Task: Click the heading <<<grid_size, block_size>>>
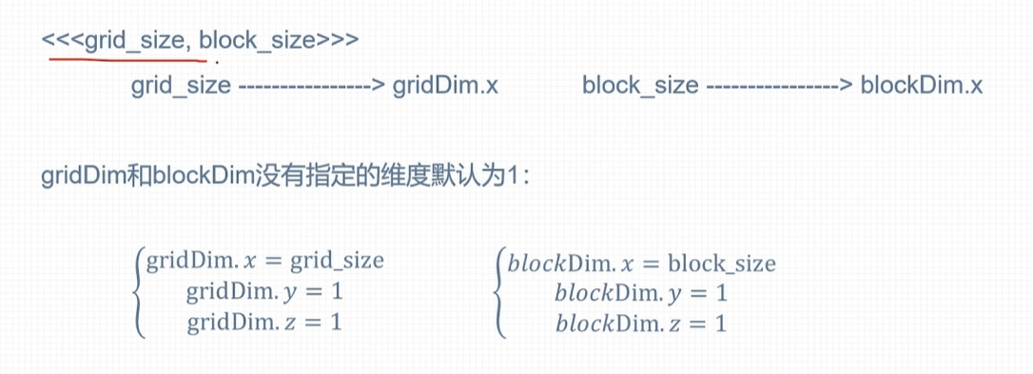click(200, 41)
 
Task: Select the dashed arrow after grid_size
click(311, 87)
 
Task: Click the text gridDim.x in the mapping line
click(445, 87)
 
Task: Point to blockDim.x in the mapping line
click(921, 87)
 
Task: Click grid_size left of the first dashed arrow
click(181, 87)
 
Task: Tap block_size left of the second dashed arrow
click(640, 87)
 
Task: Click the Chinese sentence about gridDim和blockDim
click(284, 179)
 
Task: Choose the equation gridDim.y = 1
click(263, 292)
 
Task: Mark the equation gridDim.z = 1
click(263, 322)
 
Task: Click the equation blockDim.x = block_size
click(641, 263)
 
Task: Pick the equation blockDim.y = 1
click(641, 292)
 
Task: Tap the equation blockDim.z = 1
click(641, 323)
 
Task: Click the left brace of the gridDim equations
click(140, 291)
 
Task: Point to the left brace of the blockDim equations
click(500, 291)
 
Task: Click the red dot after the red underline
click(216, 62)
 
